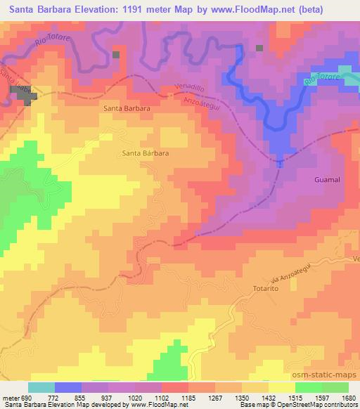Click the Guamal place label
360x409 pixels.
point(326,180)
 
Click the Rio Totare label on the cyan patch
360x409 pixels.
point(321,80)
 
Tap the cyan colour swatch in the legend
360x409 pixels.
point(41,387)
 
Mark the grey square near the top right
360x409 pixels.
point(259,48)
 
